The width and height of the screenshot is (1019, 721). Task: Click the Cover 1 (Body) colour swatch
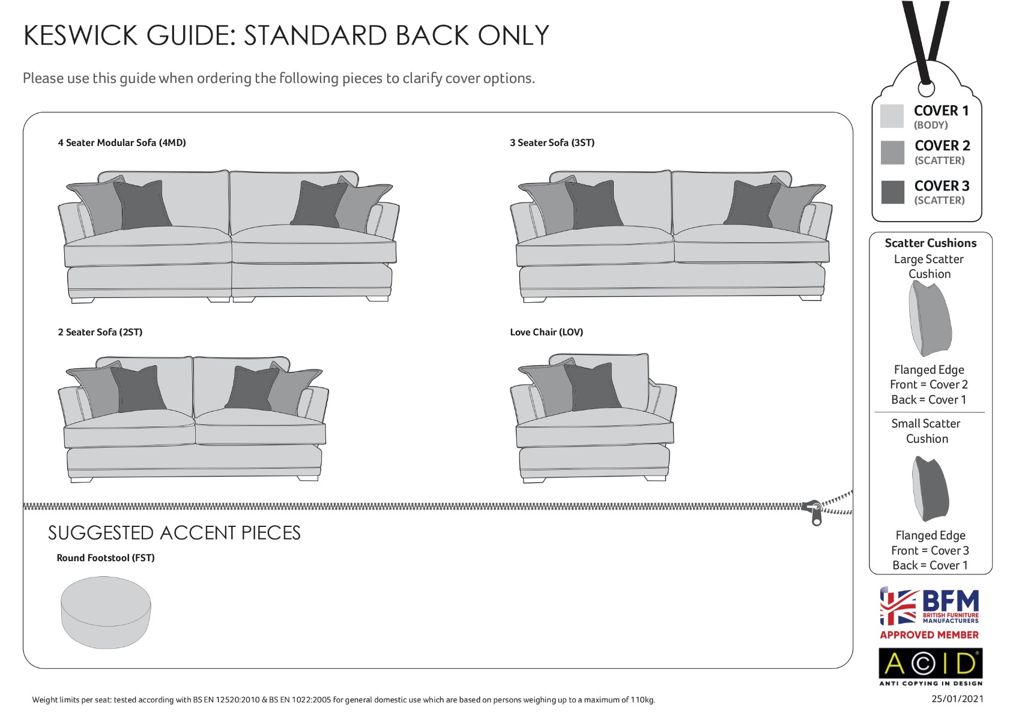pos(892,116)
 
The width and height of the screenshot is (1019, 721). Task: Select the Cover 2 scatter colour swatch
pos(892,152)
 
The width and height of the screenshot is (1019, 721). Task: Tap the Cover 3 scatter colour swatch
pos(892,192)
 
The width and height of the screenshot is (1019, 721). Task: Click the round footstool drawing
pos(106,612)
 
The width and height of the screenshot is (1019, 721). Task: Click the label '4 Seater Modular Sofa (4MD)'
pos(122,142)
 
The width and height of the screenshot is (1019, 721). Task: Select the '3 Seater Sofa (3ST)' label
pos(552,142)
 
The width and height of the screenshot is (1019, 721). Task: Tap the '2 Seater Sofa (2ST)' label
pos(100,332)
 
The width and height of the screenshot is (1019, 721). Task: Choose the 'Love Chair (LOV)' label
pos(546,332)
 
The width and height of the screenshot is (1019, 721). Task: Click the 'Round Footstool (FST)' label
pos(106,558)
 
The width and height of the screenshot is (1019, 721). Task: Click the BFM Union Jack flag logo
pos(898,606)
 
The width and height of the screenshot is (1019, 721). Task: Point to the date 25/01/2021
pos(958,699)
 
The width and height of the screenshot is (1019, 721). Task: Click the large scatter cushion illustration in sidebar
pos(930,318)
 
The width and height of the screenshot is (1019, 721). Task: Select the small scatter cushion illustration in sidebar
pos(930,489)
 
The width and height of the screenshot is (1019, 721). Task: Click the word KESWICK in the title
pos(80,35)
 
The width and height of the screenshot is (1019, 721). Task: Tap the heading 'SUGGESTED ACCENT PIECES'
pos(174,532)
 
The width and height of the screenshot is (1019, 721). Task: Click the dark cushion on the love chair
pos(591,387)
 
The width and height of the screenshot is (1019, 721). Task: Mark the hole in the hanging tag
pos(926,88)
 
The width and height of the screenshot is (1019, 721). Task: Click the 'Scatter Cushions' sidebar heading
pos(930,243)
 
